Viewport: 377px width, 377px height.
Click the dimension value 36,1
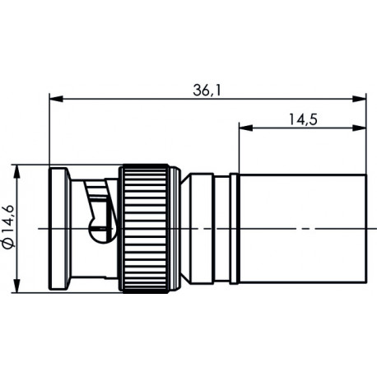(207, 89)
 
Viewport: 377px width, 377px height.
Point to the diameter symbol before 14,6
(9, 245)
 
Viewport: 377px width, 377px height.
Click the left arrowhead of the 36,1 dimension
(55, 100)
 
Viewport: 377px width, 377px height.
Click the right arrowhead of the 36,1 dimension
(361, 100)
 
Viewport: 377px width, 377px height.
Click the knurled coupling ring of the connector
(147, 228)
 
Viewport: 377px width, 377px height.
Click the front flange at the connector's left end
(59, 228)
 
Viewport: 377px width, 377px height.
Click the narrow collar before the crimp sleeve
(233, 228)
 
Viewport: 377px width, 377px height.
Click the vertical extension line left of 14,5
(240, 148)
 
